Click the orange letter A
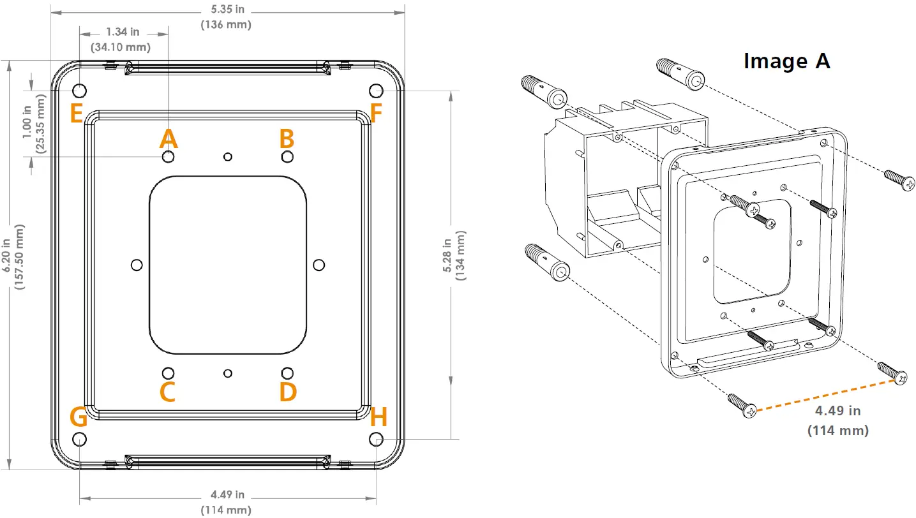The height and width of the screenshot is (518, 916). pyautogui.click(x=168, y=138)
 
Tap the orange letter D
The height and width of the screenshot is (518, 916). pyautogui.click(x=288, y=392)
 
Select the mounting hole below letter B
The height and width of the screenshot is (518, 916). pyautogui.click(x=287, y=156)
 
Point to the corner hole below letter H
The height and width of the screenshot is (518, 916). pyautogui.click(x=377, y=438)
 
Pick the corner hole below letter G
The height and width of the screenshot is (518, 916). pyautogui.click(x=79, y=438)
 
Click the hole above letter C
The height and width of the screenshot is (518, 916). pyautogui.click(x=168, y=373)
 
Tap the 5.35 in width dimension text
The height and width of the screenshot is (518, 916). pyautogui.click(x=225, y=10)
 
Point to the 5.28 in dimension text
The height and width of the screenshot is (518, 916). pyautogui.click(x=447, y=255)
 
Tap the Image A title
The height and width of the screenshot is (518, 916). pyautogui.click(x=786, y=61)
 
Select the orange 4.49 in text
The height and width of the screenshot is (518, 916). pyautogui.click(x=838, y=411)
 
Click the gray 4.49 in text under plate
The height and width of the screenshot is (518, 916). pyautogui.click(x=226, y=495)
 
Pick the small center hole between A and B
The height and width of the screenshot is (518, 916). pyautogui.click(x=227, y=156)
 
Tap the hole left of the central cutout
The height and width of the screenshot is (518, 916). pyautogui.click(x=135, y=264)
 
